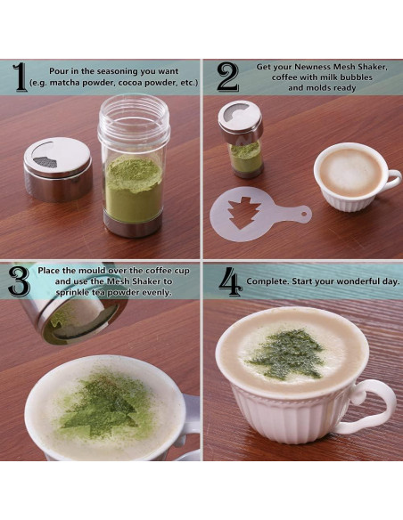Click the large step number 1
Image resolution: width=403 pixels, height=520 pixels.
click(x=20, y=77)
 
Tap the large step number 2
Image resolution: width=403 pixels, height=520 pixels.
click(x=227, y=77)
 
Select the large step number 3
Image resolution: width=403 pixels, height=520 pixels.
click(x=19, y=281)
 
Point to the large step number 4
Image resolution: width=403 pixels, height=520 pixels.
click(x=230, y=281)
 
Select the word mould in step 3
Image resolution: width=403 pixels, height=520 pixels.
click(x=95, y=271)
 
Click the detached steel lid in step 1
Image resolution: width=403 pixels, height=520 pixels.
click(x=58, y=169)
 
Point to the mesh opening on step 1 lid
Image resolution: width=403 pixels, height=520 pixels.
click(x=45, y=162)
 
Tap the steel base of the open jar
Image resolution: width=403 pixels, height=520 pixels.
click(x=134, y=224)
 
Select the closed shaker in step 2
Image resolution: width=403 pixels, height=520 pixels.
click(x=242, y=139)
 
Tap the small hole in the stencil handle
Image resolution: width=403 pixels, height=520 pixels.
click(x=304, y=213)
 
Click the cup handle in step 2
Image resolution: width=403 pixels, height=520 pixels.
click(x=392, y=180)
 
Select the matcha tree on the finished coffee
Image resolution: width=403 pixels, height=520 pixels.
click(x=285, y=353)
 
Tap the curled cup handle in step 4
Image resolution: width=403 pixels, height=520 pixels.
click(x=372, y=406)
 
